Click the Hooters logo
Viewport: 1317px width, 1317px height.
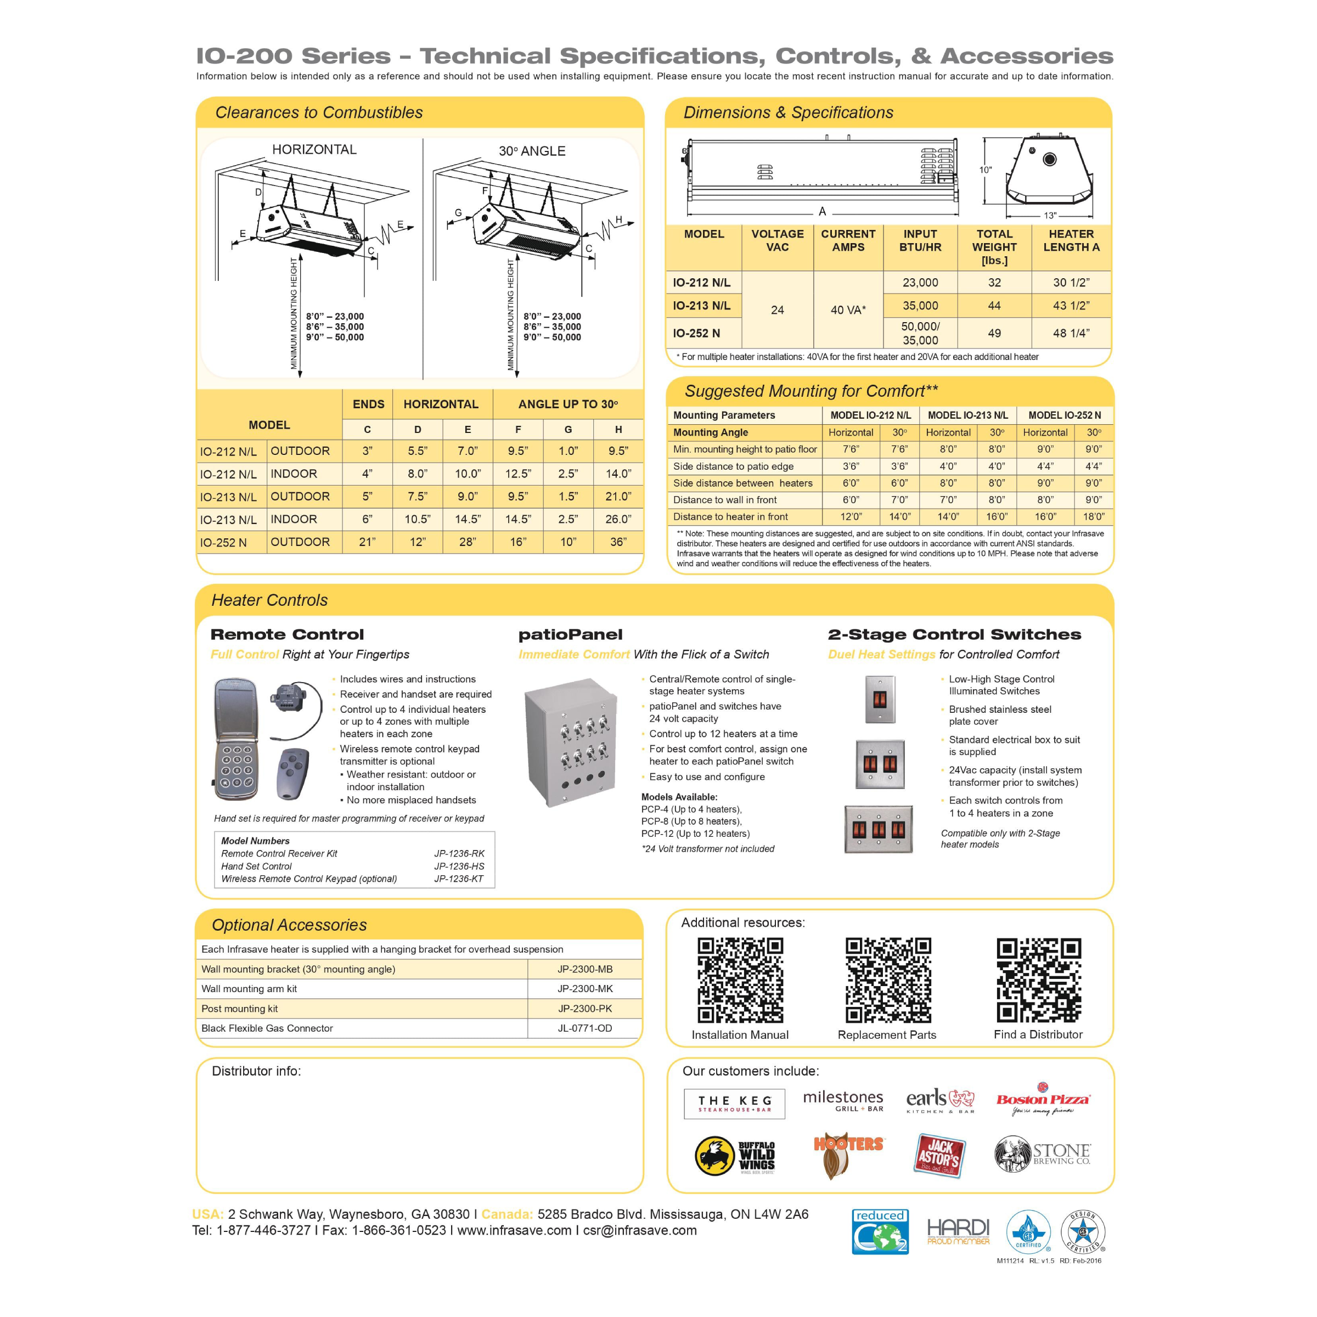pos(849,1156)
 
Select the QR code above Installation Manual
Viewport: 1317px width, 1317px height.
pos(740,980)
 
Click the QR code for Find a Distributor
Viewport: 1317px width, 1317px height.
pos(1038,980)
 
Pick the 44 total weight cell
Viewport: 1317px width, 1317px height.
pos(994,306)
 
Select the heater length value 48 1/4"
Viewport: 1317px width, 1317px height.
pos(1071,333)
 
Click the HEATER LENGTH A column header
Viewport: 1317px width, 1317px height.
pos(1071,241)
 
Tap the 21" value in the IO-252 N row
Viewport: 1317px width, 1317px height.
pos(368,543)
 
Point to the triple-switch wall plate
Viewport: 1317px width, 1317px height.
pos(879,829)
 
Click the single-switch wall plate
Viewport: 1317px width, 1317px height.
pos(880,700)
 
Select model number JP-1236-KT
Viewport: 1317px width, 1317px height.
pos(459,879)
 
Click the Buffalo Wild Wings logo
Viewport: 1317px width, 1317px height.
pos(735,1156)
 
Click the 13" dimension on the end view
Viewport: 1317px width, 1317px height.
pos(1050,216)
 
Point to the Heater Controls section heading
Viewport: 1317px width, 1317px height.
pos(269,600)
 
